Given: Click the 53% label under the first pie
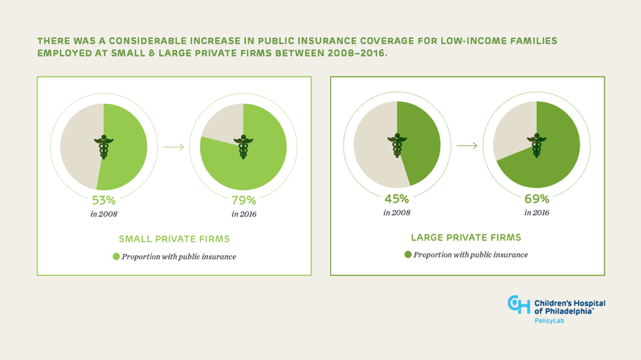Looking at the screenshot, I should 104,200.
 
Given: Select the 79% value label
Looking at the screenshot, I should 244,200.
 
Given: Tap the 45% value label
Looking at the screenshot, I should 397,198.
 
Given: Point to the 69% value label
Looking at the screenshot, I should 536,198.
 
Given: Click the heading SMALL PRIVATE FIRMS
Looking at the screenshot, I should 174,239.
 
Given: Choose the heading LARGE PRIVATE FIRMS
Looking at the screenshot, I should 466,237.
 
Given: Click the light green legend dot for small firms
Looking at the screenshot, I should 116,257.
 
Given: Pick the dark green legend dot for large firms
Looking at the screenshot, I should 408,255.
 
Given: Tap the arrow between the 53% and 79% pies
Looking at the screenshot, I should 174,147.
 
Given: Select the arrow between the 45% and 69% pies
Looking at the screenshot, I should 467,145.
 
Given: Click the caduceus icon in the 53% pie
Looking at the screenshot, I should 103,147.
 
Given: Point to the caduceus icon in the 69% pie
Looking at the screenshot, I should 536,145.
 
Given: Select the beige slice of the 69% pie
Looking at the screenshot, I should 513,132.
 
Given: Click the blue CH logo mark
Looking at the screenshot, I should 519,304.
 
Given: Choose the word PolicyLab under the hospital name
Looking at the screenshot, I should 549,321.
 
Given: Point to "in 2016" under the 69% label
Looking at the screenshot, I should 536,213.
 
